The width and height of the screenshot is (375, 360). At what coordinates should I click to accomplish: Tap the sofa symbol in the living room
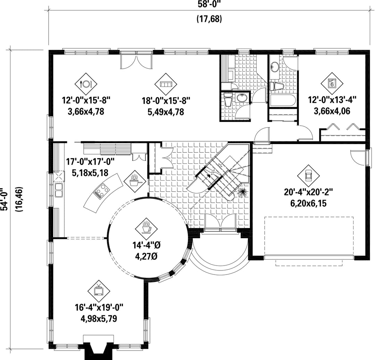[x=166, y=84]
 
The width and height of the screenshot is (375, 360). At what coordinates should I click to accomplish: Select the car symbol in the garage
[x=308, y=176]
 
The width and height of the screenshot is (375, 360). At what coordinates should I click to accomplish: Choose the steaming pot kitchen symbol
[x=135, y=181]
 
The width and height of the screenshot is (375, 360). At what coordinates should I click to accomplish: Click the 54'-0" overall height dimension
[x=5, y=199]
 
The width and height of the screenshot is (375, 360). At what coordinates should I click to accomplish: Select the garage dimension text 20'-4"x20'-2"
[x=309, y=192]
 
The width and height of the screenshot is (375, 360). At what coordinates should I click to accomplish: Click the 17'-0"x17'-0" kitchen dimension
[x=90, y=162]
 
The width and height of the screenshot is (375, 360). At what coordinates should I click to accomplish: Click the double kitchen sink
[x=59, y=190]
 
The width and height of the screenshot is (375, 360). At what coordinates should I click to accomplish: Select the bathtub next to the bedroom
[x=282, y=100]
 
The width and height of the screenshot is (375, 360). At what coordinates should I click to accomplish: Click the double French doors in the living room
[x=136, y=61]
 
